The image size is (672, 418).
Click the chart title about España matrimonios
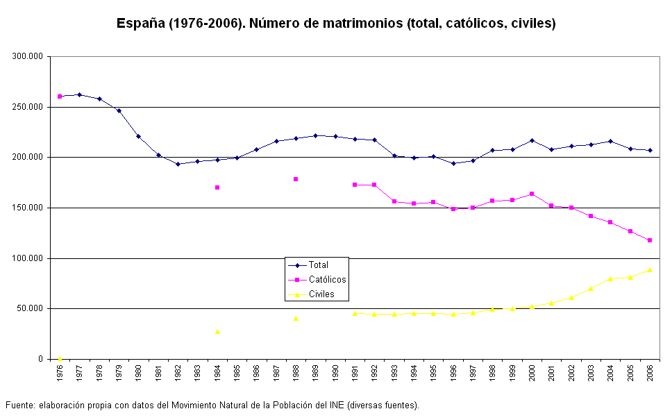pos(336,23)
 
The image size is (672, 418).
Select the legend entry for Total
pos(319,265)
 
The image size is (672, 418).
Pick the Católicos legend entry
pos(327,279)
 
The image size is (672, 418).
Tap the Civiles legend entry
pos(321,294)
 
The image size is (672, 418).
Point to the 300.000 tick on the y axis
pos(28,56)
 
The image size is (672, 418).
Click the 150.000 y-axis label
pos(28,208)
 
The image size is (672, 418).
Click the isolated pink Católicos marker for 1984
pos(217,187)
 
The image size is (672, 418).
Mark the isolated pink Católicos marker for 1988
pos(296,179)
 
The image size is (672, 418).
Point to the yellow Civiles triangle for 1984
pos(217,331)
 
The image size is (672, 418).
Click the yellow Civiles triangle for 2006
pos(650,269)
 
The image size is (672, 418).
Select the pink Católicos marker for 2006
pos(650,240)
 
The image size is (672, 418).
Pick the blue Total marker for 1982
pos(178,164)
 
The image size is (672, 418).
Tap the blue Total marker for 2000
pos(532,140)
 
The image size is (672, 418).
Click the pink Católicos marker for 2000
pos(532,194)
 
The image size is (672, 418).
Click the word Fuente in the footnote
pos(20,405)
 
